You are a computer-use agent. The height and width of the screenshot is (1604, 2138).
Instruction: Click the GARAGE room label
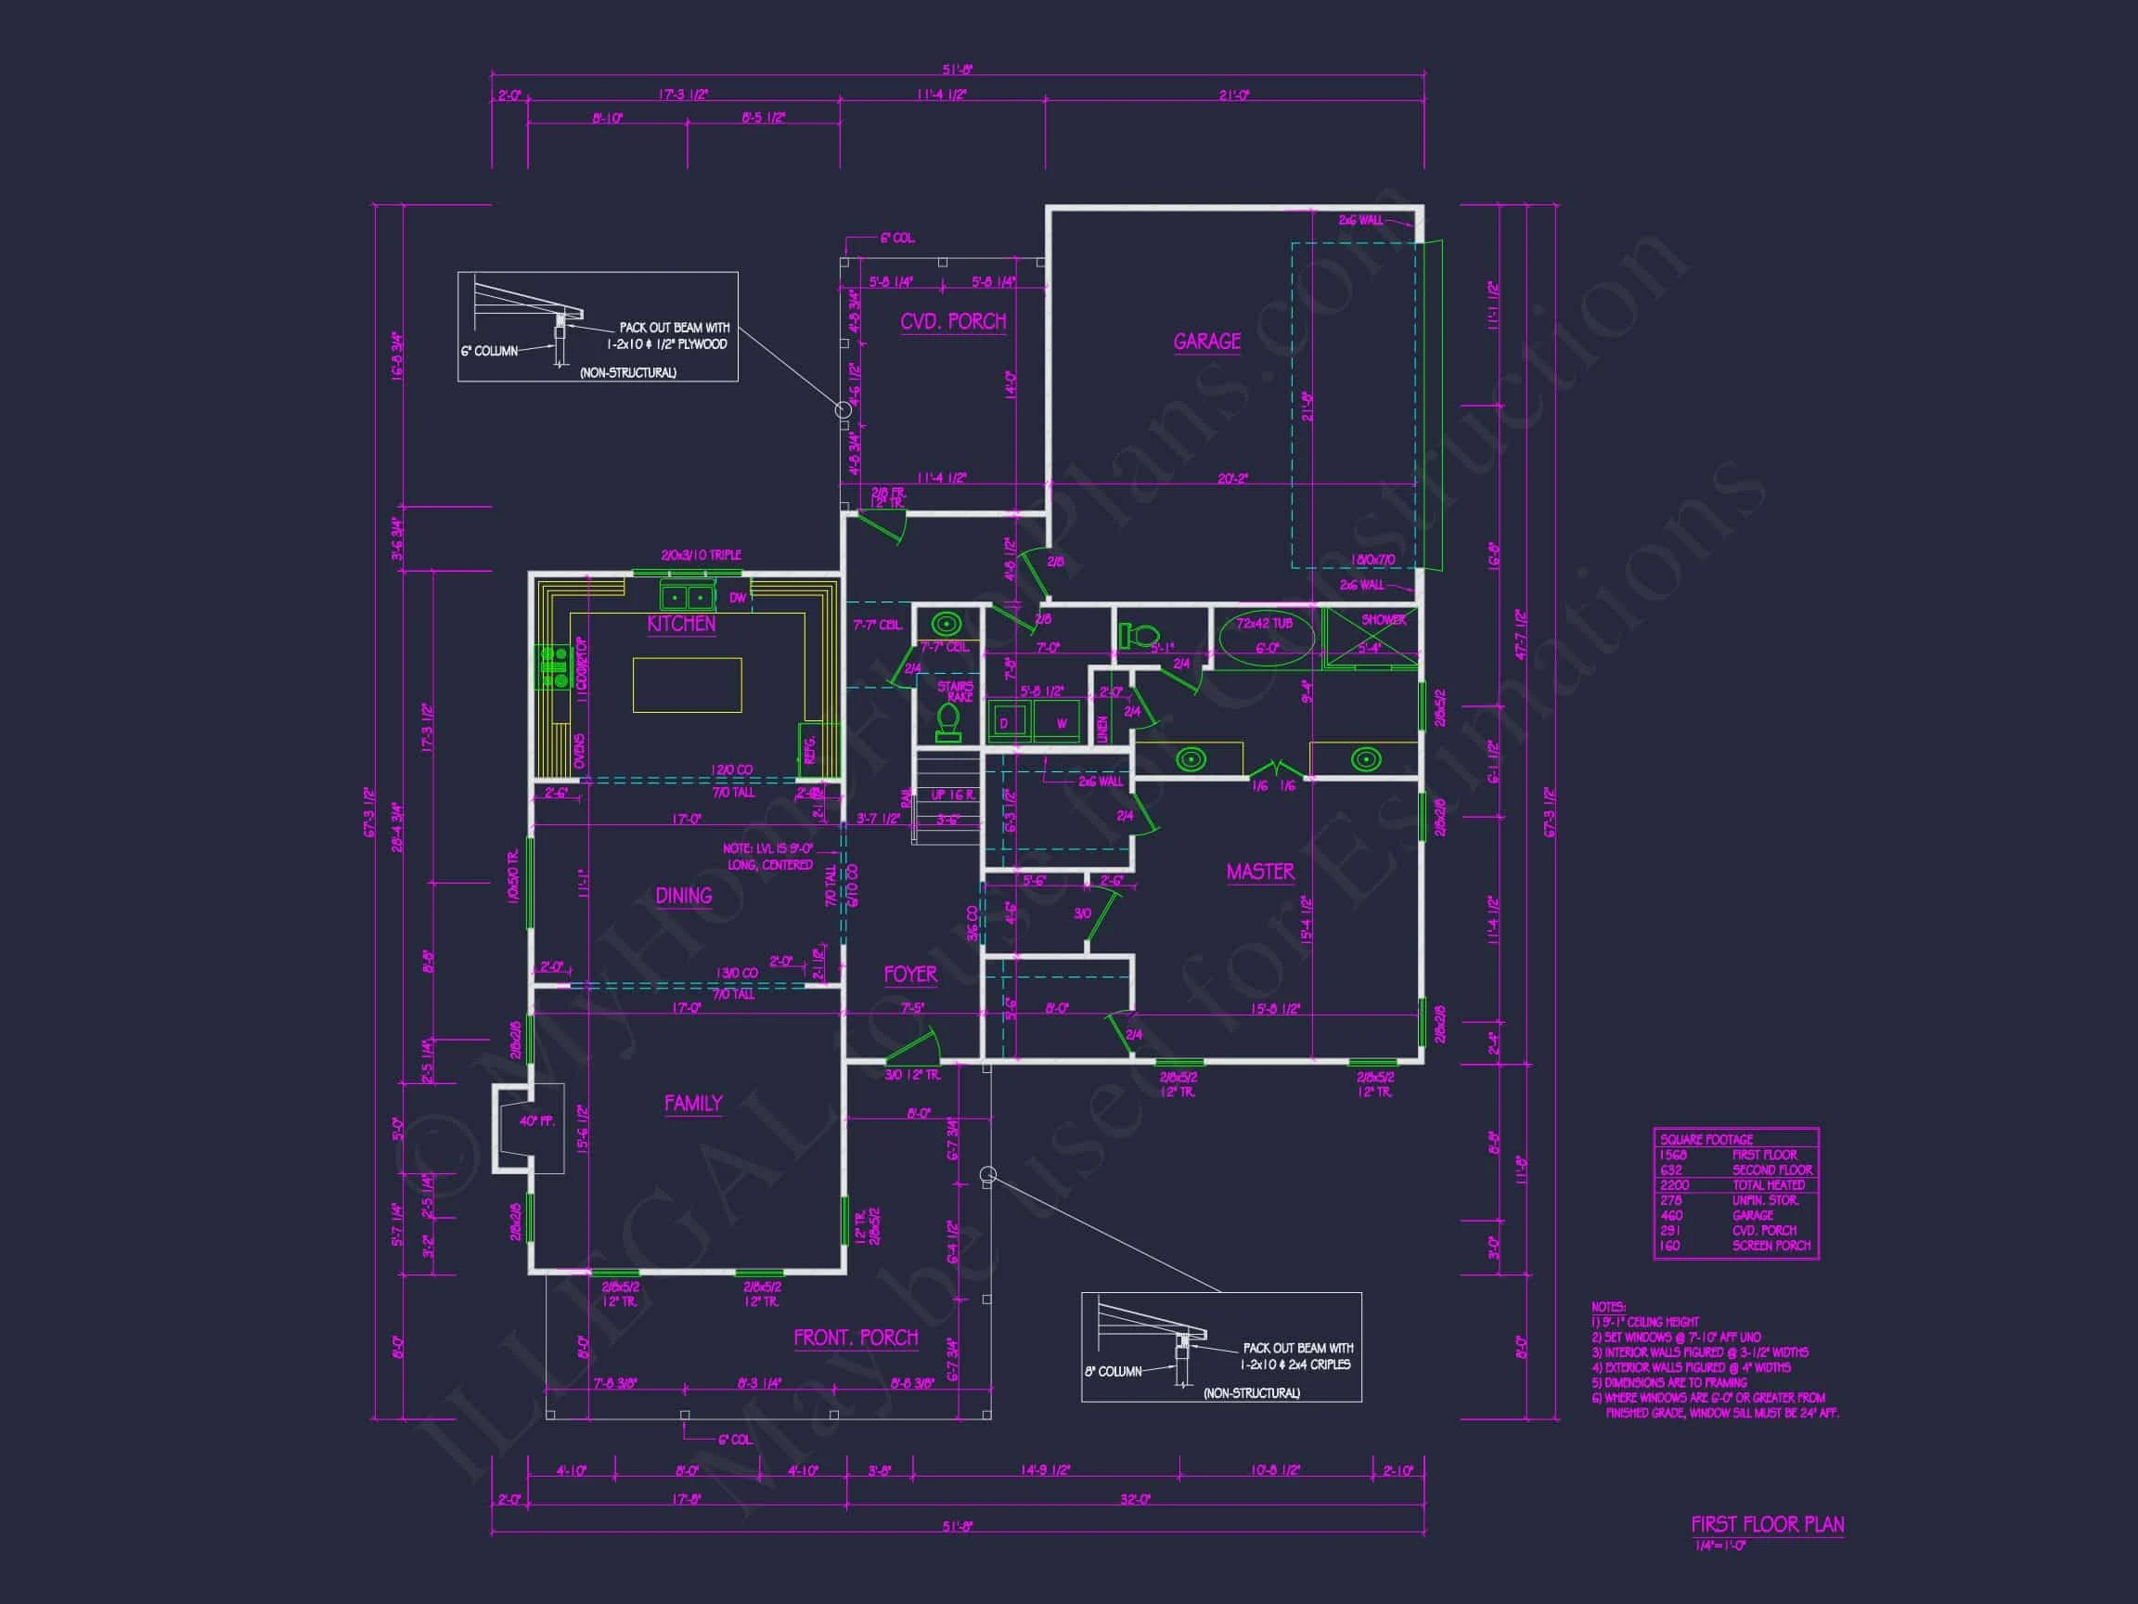1206,342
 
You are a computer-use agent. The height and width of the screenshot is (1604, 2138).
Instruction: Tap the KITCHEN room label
681,624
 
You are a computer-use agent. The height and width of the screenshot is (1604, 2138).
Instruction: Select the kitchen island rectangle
687,684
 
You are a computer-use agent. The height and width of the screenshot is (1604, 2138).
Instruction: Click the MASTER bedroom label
1260,871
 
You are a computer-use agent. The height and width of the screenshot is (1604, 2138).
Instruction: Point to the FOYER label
909,974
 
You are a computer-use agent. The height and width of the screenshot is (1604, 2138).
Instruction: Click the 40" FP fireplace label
536,1120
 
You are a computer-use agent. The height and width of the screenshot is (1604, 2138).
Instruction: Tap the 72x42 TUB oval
1266,638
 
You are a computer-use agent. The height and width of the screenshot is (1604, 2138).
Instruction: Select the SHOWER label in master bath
1384,620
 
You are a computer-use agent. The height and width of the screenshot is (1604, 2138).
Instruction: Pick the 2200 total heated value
1674,1184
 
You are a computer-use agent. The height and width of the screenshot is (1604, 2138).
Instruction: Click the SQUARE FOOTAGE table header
1706,1139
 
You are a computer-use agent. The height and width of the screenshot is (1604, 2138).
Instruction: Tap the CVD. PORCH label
953,321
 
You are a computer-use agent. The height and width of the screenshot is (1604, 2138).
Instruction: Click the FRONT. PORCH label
856,1338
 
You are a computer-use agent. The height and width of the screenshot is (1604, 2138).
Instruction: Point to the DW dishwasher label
738,598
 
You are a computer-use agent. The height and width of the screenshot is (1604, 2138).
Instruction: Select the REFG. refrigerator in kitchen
809,748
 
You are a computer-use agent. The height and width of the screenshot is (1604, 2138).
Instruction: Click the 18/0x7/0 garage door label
1372,560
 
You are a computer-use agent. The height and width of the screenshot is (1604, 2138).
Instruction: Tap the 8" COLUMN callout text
1113,1371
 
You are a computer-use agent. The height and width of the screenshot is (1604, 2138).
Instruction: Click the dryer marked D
1004,723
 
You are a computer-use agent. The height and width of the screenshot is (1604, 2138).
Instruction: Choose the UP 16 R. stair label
953,795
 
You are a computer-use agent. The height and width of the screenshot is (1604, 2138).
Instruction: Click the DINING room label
683,896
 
